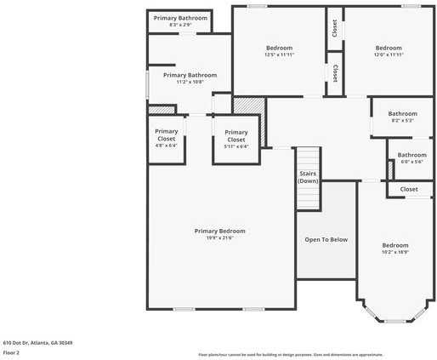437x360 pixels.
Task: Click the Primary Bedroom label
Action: click(219, 231)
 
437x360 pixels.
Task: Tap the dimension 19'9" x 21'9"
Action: click(219, 238)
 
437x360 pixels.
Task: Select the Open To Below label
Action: click(326, 240)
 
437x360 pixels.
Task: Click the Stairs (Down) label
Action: click(308, 177)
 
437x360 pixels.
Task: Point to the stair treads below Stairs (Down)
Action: click(308, 197)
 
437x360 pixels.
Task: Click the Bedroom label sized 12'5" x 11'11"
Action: click(279, 48)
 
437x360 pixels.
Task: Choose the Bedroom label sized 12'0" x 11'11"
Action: click(389, 48)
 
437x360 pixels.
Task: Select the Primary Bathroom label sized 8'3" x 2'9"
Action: click(180, 17)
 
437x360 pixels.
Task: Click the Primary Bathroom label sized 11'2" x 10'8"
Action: click(190, 75)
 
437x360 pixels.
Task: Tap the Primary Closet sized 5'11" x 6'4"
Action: click(236, 135)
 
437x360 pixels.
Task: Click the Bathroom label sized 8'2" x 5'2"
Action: click(402, 113)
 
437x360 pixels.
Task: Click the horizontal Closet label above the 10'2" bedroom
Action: click(409, 189)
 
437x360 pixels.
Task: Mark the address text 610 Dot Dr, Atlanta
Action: click(37, 342)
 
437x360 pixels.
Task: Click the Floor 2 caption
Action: click(11, 351)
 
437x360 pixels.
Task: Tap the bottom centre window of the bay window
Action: click(394, 321)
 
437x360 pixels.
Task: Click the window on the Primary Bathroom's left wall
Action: click(148, 83)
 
